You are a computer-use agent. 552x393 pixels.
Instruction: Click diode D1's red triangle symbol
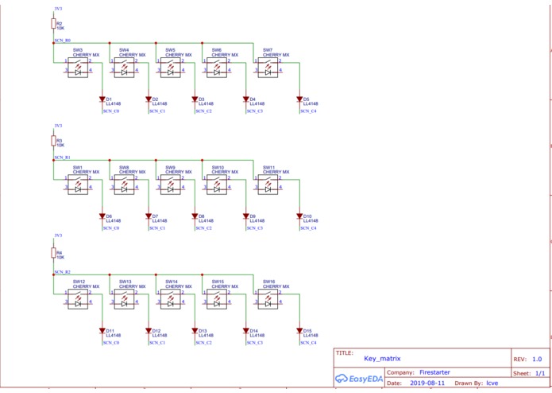[102, 99]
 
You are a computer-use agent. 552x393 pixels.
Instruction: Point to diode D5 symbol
[300, 99]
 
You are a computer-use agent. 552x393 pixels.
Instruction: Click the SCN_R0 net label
[62, 40]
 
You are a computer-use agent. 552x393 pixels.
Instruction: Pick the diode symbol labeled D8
[195, 216]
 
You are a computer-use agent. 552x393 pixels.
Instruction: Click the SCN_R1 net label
[62, 158]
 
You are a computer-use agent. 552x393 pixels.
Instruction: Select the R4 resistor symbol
[54, 254]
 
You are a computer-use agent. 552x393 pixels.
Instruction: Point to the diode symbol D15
[300, 330]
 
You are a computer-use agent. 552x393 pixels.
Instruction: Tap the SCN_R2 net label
[62, 272]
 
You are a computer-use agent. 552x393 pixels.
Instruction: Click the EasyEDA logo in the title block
[359, 379]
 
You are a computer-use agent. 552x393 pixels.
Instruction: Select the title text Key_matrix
[382, 360]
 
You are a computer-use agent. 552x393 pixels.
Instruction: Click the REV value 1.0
[537, 360]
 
